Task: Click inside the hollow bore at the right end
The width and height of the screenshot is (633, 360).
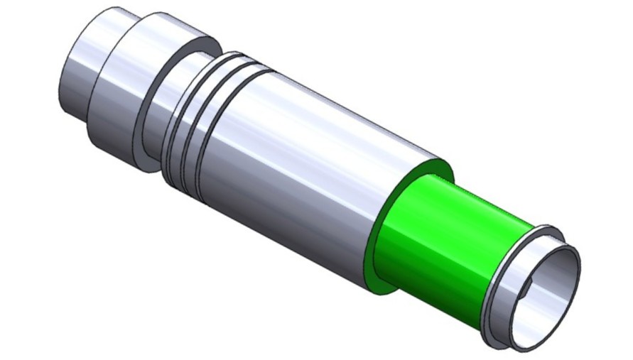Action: (551, 291)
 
